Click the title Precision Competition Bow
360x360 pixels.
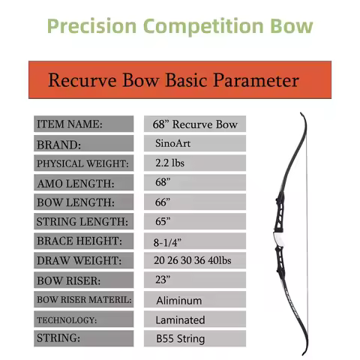179,27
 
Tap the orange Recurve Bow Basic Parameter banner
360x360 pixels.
173,80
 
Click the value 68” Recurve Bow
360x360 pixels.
193,124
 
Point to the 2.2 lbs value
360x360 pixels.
172,163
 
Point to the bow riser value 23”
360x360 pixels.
163,280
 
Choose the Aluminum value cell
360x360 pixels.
179,300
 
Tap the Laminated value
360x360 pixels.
180,319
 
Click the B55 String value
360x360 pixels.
180,339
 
